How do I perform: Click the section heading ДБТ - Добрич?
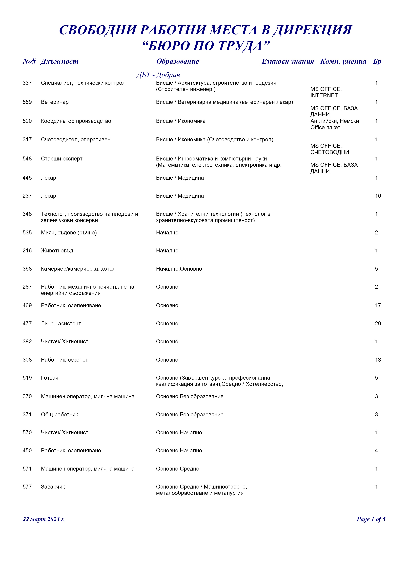[x=158, y=75]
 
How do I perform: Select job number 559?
[x=27, y=102]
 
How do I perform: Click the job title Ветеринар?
[x=55, y=102]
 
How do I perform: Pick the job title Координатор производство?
[x=76, y=121]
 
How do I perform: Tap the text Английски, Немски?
[x=334, y=121]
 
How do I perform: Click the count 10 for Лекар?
[x=378, y=196]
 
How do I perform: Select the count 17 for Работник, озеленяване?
[x=378, y=306]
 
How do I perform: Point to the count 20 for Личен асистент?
[x=378, y=324]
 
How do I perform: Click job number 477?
[x=27, y=324]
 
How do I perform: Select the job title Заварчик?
[x=53, y=487]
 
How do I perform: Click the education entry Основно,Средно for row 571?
[x=178, y=469]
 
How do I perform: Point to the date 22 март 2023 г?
[x=44, y=519]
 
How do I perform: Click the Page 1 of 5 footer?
[x=371, y=519]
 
